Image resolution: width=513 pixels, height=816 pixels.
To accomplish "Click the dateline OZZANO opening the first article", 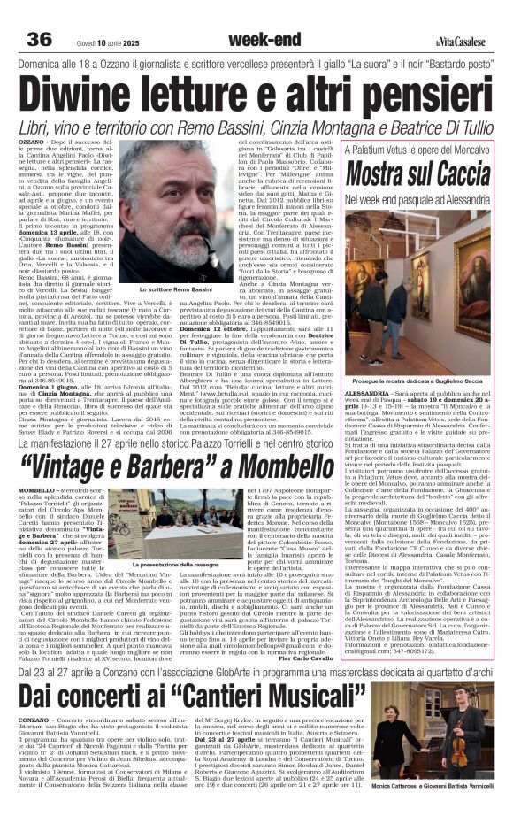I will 32,142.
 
